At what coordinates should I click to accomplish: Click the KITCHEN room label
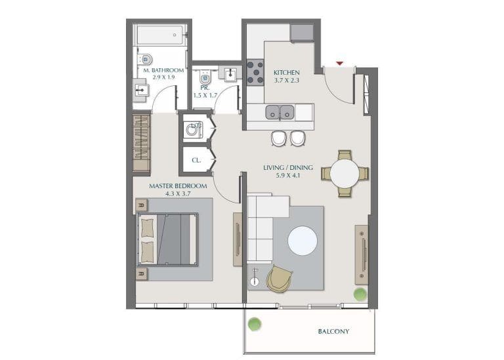tap(287, 73)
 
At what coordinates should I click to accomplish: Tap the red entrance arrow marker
tap(339, 63)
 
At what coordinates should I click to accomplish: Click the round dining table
tap(345, 174)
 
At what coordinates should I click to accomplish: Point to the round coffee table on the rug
tap(303, 241)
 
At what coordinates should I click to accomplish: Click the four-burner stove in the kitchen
tap(255, 71)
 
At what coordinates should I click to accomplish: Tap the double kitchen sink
tap(280, 112)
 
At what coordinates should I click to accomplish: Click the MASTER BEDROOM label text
tap(178, 186)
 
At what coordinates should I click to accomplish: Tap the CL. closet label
tap(196, 159)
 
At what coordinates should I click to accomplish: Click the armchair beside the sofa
tap(281, 278)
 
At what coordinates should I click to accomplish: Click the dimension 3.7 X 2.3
tap(287, 81)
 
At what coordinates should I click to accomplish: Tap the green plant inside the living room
tap(360, 294)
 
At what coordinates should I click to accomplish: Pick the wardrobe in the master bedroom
tap(142, 144)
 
